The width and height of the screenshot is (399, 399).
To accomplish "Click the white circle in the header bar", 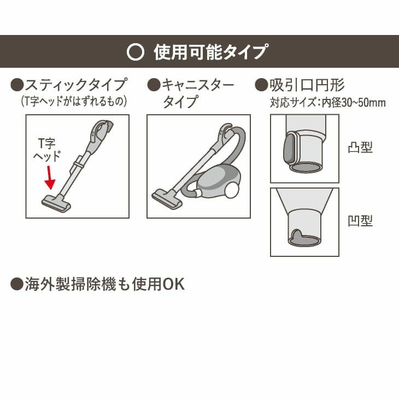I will [135, 52].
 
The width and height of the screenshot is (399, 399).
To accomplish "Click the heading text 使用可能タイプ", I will [210, 52].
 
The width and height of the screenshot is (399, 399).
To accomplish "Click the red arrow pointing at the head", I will [50, 178].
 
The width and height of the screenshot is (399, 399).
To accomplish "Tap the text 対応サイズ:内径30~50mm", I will [328, 102].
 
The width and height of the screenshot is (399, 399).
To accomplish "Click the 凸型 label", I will [360, 148].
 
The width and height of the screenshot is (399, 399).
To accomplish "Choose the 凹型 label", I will [360, 221].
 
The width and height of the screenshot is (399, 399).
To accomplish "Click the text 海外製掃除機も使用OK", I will [104, 284].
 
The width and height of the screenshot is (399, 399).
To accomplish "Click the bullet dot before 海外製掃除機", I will [16, 284].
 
